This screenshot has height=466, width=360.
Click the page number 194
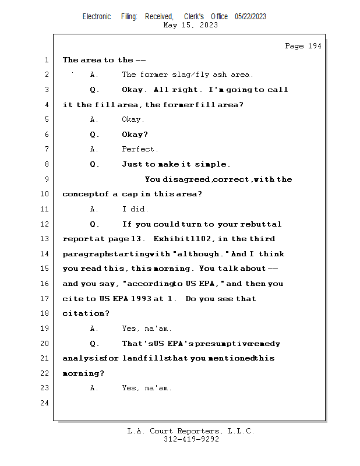(315, 46)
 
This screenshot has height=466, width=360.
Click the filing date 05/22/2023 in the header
(250, 17)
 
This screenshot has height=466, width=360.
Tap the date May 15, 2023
(190, 25)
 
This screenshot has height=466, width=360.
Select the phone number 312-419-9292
(191, 439)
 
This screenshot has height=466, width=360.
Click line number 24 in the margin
(44, 403)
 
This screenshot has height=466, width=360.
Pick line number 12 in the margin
(44, 224)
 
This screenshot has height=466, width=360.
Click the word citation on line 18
(83, 313)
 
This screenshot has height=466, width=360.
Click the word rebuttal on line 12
(261, 224)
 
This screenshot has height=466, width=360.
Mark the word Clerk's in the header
(194, 17)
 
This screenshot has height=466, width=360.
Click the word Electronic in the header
(97, 17)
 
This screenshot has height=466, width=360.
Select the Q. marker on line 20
(94, 344)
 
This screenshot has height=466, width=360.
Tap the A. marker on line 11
(94, 209)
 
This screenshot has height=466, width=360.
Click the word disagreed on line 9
(186, 179)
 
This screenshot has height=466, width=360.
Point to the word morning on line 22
(81, 373)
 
